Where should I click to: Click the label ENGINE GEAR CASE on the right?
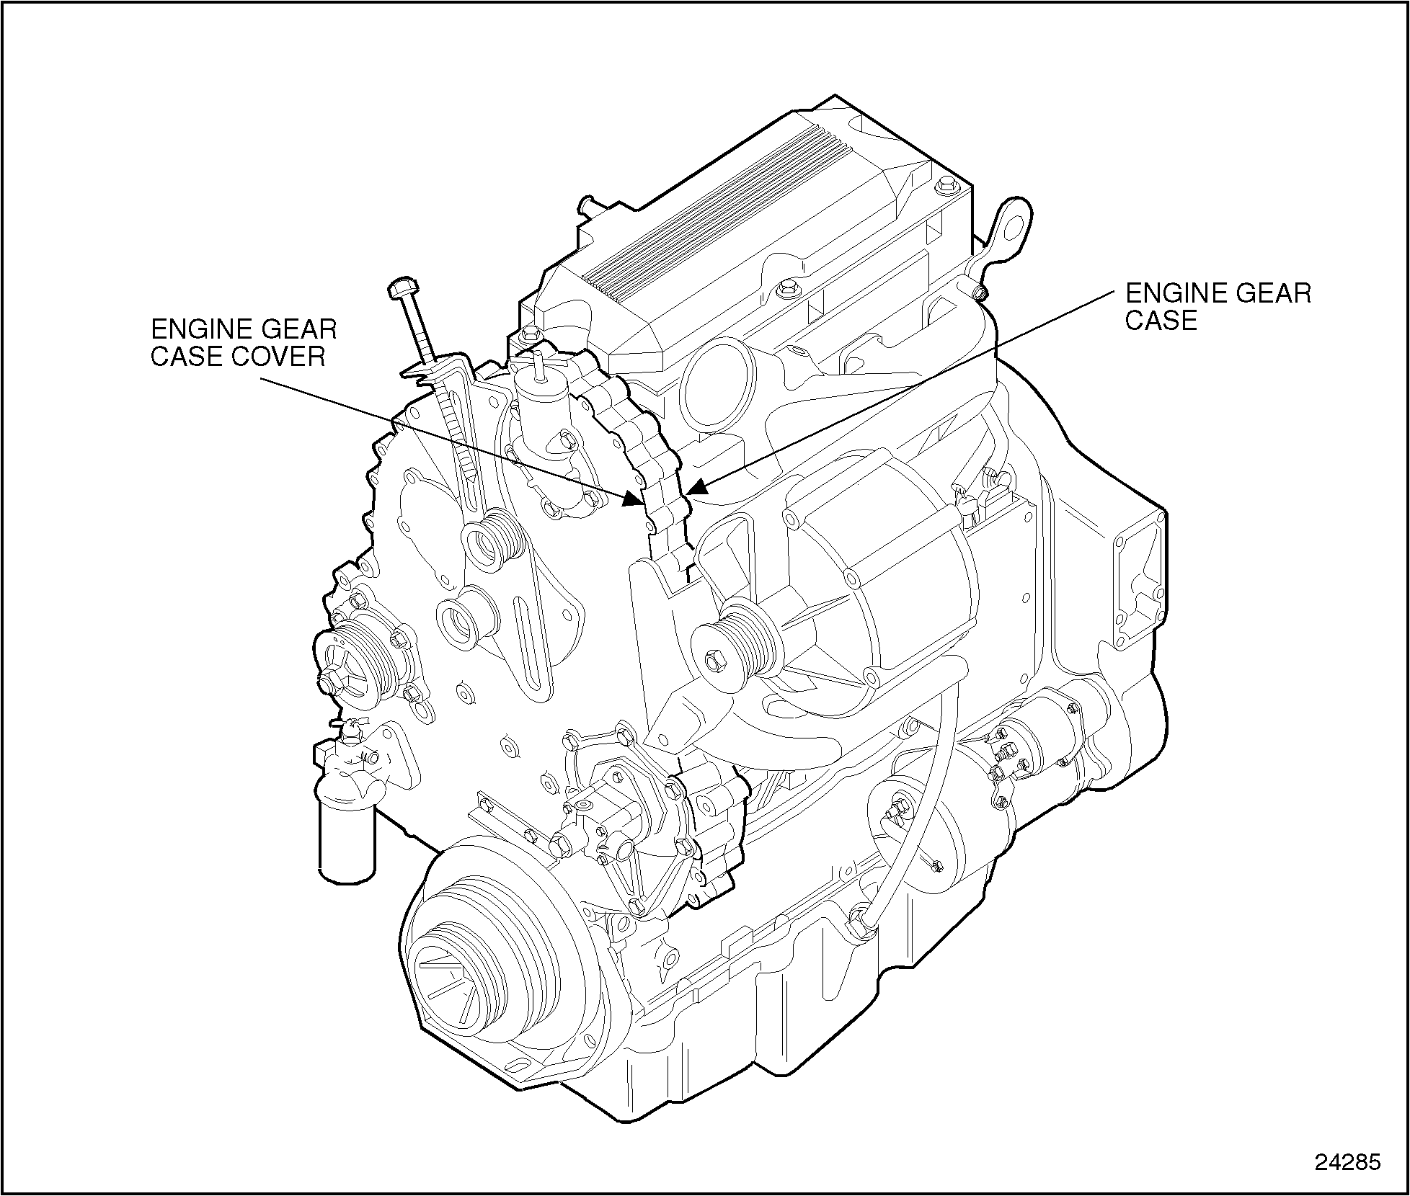[x=1218, y=306]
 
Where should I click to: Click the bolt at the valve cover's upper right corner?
[x=946, y=188]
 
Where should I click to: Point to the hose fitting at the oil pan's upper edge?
[x=861, y=923]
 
